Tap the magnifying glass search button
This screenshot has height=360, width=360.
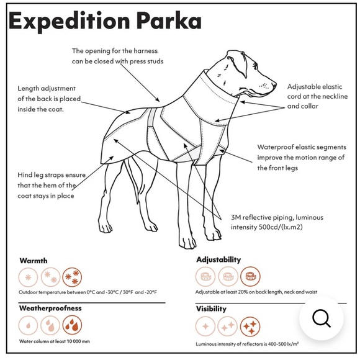coord(321,318)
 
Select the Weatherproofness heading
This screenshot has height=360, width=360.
coord(50,308)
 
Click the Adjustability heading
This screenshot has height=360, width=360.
coord(218,259)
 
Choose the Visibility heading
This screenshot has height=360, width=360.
coord(211,308)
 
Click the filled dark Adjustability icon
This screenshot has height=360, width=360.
coord(250,276)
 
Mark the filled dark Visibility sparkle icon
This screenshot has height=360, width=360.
coord(250,325)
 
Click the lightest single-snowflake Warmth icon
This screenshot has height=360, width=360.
coord(29,277)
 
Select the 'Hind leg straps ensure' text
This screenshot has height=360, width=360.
coord(52,176)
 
